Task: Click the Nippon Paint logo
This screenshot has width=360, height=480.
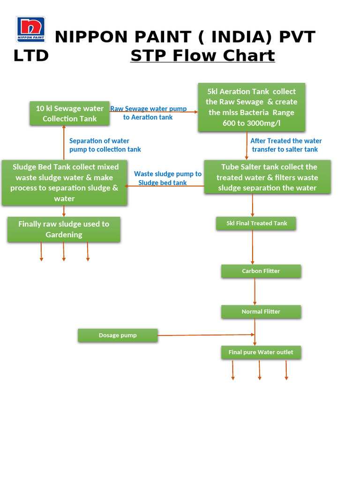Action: tap(31, 29)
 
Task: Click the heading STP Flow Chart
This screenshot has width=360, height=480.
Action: tap(202, 56)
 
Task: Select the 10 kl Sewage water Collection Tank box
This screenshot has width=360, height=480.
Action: tap(70, 113)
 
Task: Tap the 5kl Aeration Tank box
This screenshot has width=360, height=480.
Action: tap(251, 107)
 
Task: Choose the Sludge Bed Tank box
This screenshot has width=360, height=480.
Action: tap(65, 182)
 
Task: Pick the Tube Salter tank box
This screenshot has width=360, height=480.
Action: tap(267, 177)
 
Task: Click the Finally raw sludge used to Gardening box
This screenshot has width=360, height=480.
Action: tap(64, 229)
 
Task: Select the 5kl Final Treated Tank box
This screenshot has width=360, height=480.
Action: tap(256, 223)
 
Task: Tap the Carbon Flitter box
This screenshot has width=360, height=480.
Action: tap(261, 271)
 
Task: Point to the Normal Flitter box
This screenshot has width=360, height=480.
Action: tap(261, 312)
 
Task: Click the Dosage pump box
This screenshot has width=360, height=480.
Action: tap(118, 335)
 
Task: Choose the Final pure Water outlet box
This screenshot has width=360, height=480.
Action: tap(261, 352)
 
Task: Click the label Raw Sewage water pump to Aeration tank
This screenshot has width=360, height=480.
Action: tap(148, 113)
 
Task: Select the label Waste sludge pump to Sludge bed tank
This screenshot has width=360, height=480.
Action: tap(167, 178)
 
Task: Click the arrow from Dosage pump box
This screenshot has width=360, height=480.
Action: tap(206, 335)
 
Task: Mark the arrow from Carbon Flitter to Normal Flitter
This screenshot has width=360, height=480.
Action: tap(255, 291)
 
